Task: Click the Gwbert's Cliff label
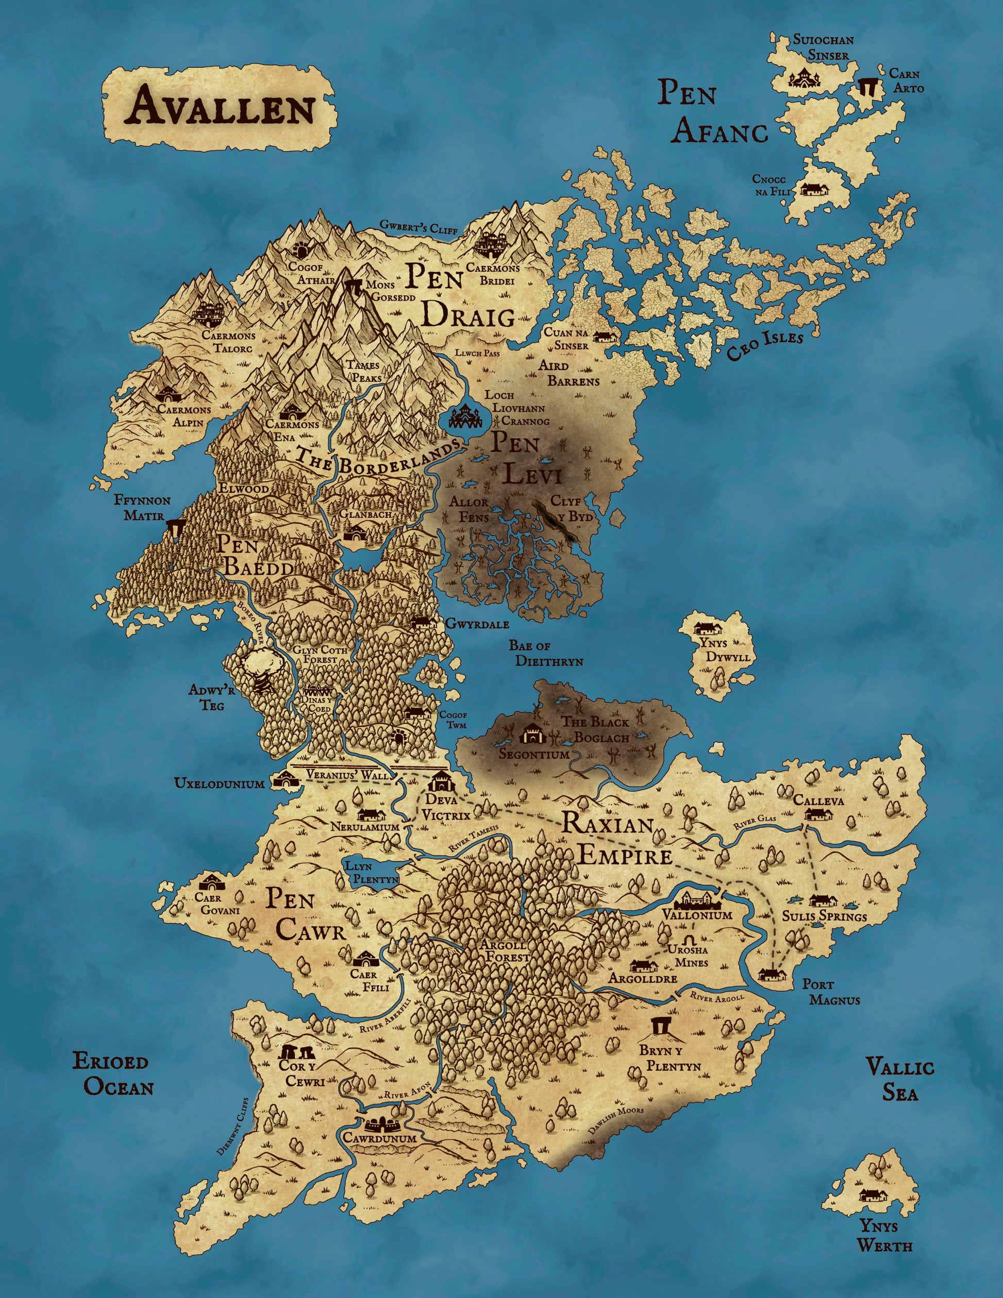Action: tap(419, 226)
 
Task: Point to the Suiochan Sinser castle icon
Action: tap(805, 77)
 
